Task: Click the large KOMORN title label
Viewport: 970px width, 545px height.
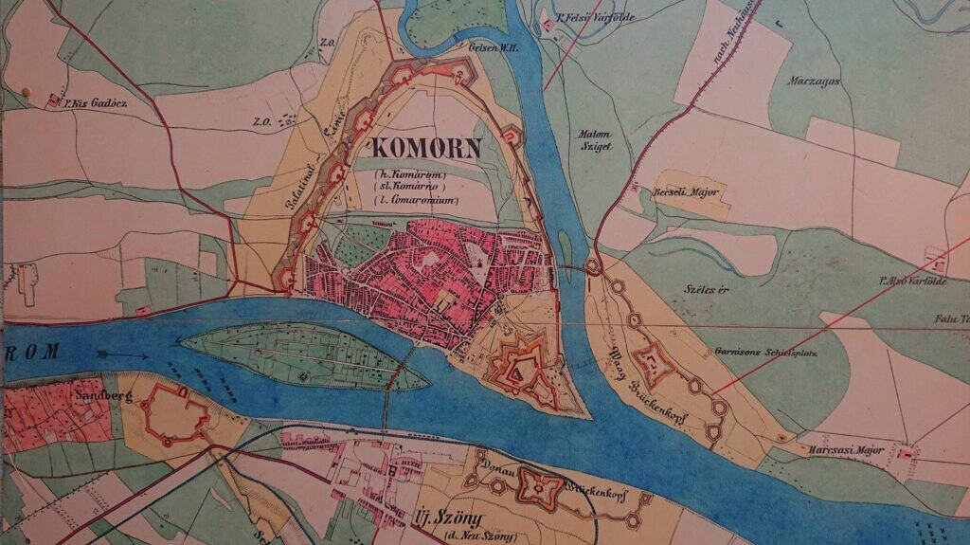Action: coord(427,148)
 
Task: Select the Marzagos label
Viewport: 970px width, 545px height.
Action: coord(813,82)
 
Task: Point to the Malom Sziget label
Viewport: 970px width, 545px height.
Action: coord(596,140)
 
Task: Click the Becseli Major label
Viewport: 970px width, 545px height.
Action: coord(686,192)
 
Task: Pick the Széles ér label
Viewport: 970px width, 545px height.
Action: coord(703,288)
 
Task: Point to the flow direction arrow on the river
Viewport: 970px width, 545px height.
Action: coord(120,356)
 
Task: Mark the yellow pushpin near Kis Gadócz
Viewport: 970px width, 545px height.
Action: coord(27,92)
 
